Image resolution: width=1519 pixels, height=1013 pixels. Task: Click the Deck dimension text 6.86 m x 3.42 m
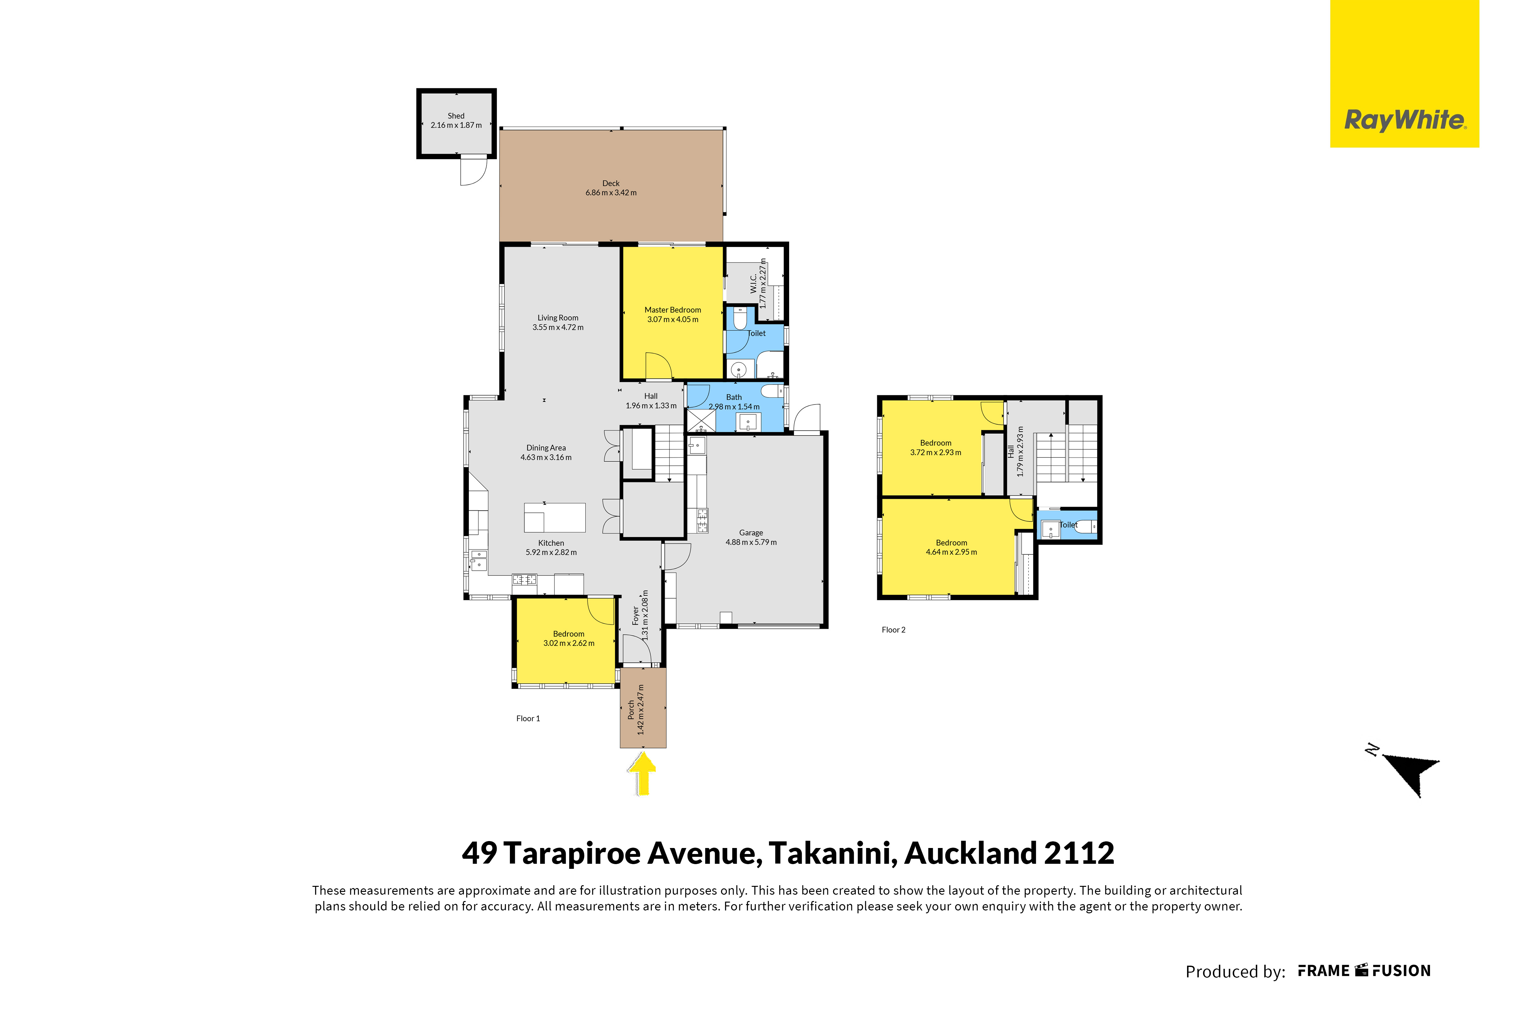point(611,192)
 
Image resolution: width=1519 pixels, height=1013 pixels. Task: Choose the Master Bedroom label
point(673,310)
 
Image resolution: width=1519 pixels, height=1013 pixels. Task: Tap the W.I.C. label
point(754,284)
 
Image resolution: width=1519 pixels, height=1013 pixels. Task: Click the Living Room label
point(558,318)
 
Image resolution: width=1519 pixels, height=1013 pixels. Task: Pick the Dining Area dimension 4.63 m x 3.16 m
point(546,457)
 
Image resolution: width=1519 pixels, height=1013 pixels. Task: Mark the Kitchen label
point(551,543)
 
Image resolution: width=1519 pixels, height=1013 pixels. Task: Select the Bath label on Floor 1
point(734,397)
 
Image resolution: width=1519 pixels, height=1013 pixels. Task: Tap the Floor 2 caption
point(894,630)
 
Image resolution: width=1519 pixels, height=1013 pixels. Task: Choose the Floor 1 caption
point(528,718)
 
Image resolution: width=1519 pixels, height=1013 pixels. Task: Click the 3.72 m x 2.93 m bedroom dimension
point(936,453)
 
